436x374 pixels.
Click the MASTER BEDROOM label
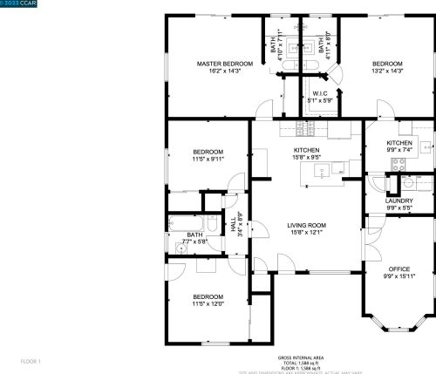coord(224,64)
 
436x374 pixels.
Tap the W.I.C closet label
coord(318,95)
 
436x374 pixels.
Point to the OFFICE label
coord(399,269)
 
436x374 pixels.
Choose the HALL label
coord(234,222)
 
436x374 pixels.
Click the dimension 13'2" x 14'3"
coord(387,71)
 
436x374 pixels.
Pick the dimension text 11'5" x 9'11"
coord(208,159)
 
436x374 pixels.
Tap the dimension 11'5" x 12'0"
coord(208,303)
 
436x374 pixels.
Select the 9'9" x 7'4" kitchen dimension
coord(399,150)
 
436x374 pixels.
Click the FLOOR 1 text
coord(31,360)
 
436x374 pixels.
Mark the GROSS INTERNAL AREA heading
coord(302,357)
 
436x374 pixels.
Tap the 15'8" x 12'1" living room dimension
coord(306,232)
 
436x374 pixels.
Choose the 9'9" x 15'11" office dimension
coord(399,275)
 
